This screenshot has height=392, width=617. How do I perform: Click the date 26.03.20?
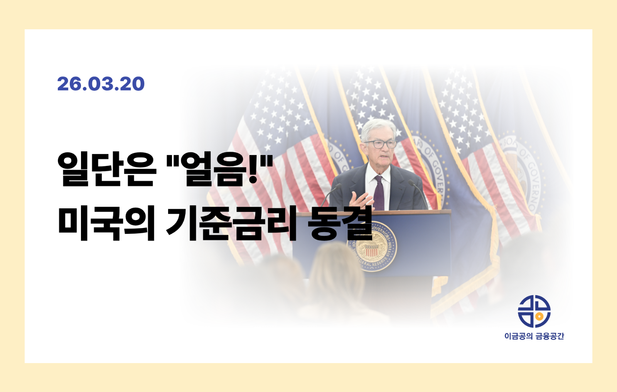pos(101,84)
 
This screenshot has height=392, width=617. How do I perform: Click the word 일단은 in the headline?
pos(107,169)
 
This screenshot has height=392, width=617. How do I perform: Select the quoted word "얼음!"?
pos(220,169)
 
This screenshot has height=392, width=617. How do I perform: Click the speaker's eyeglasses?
pos(380,144)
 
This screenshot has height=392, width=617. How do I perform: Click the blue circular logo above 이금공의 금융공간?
pos(534,311)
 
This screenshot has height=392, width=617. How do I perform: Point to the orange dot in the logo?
pos(540,316)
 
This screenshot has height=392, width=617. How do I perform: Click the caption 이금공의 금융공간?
pos(534,336)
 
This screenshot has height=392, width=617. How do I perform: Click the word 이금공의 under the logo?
pos(518,336)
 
